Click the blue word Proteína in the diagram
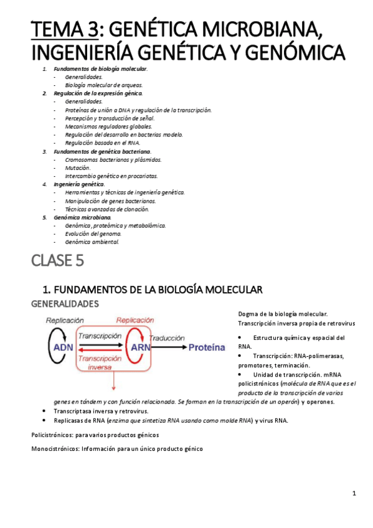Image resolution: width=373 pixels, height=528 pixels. [x=206, y=347]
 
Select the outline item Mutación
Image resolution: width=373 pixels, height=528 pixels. [x=77, y=168]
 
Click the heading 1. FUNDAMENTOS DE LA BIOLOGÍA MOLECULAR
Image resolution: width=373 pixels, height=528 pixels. [x=153, y=290]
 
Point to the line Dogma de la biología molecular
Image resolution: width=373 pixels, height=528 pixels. [x=283, y=314]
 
